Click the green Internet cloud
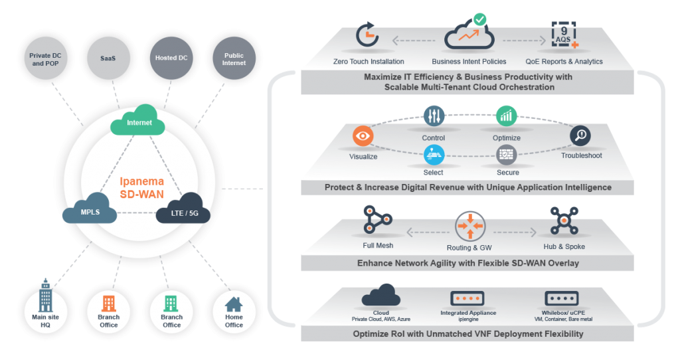139,121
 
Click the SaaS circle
108,58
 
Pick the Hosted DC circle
171,58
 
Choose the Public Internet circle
234,58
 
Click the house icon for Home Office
234,304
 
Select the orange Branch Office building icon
109,304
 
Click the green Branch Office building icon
171,304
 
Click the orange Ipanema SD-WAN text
140,188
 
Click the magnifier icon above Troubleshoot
580,135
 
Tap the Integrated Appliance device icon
468,298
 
